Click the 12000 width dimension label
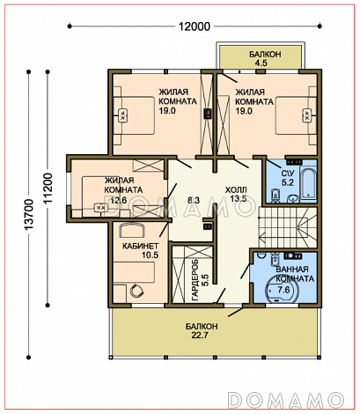pos(195,26)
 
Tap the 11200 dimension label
pos(48,189)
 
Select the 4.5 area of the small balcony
pos(261,63)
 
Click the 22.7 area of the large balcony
pos(200,335)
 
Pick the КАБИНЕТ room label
pos(140,246)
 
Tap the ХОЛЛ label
pos(236,190)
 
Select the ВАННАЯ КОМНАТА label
pos(295,274)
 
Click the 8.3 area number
pos(194,200)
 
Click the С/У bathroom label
pos(285,173)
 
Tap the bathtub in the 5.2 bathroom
pos(308,183)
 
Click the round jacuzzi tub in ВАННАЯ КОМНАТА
pos(282,290)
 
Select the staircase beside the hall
pos(288,227)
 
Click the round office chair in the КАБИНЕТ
pos(136,291)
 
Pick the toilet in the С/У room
pos(276,196)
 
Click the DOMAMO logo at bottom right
pos(286,399)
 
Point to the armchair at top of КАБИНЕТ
pos(132,231)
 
